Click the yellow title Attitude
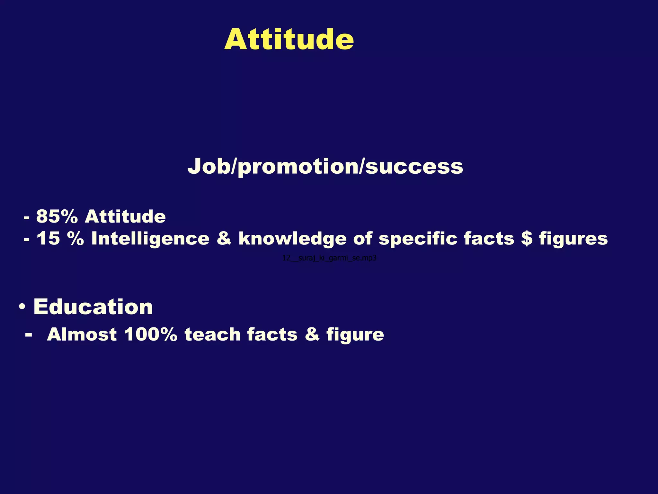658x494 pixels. point(289,40)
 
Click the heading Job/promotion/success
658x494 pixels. point(325,167)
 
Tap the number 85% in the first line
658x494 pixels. point(57,216)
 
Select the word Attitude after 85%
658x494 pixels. point(125,216)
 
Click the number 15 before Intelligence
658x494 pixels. point(48,239)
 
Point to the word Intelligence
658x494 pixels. point(150,239)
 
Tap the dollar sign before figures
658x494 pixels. point(527,239)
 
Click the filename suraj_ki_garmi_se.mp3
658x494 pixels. point(329,258)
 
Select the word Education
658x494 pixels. point(93,307)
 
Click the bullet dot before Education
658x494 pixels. point(22,307)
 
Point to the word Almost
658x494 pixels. point(82,334)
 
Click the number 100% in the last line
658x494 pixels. point(150,334)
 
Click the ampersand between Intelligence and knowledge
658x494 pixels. point(224,239)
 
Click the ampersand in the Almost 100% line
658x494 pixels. point(312,334)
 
